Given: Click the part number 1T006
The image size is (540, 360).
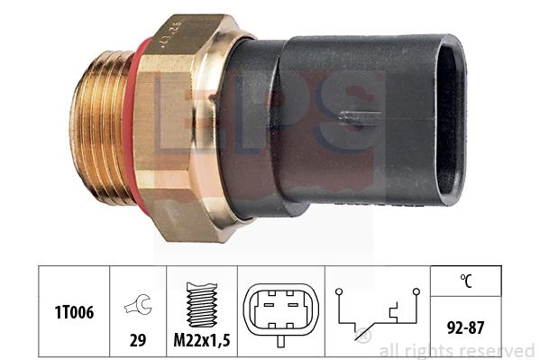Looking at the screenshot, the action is (74, 312).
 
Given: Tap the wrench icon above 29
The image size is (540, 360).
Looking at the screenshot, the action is (138, 304).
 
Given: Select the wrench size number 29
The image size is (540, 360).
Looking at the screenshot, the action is (138, 340).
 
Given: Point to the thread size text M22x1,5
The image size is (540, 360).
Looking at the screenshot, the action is (202, 340).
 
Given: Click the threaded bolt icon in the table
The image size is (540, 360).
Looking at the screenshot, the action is (202, 304).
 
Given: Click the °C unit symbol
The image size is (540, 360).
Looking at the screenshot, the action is (466, 281).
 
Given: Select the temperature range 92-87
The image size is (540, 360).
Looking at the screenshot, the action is (465, 328).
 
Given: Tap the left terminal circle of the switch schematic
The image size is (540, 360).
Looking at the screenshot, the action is (339, 291).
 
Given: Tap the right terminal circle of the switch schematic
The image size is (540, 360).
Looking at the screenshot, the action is (416, 291).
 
